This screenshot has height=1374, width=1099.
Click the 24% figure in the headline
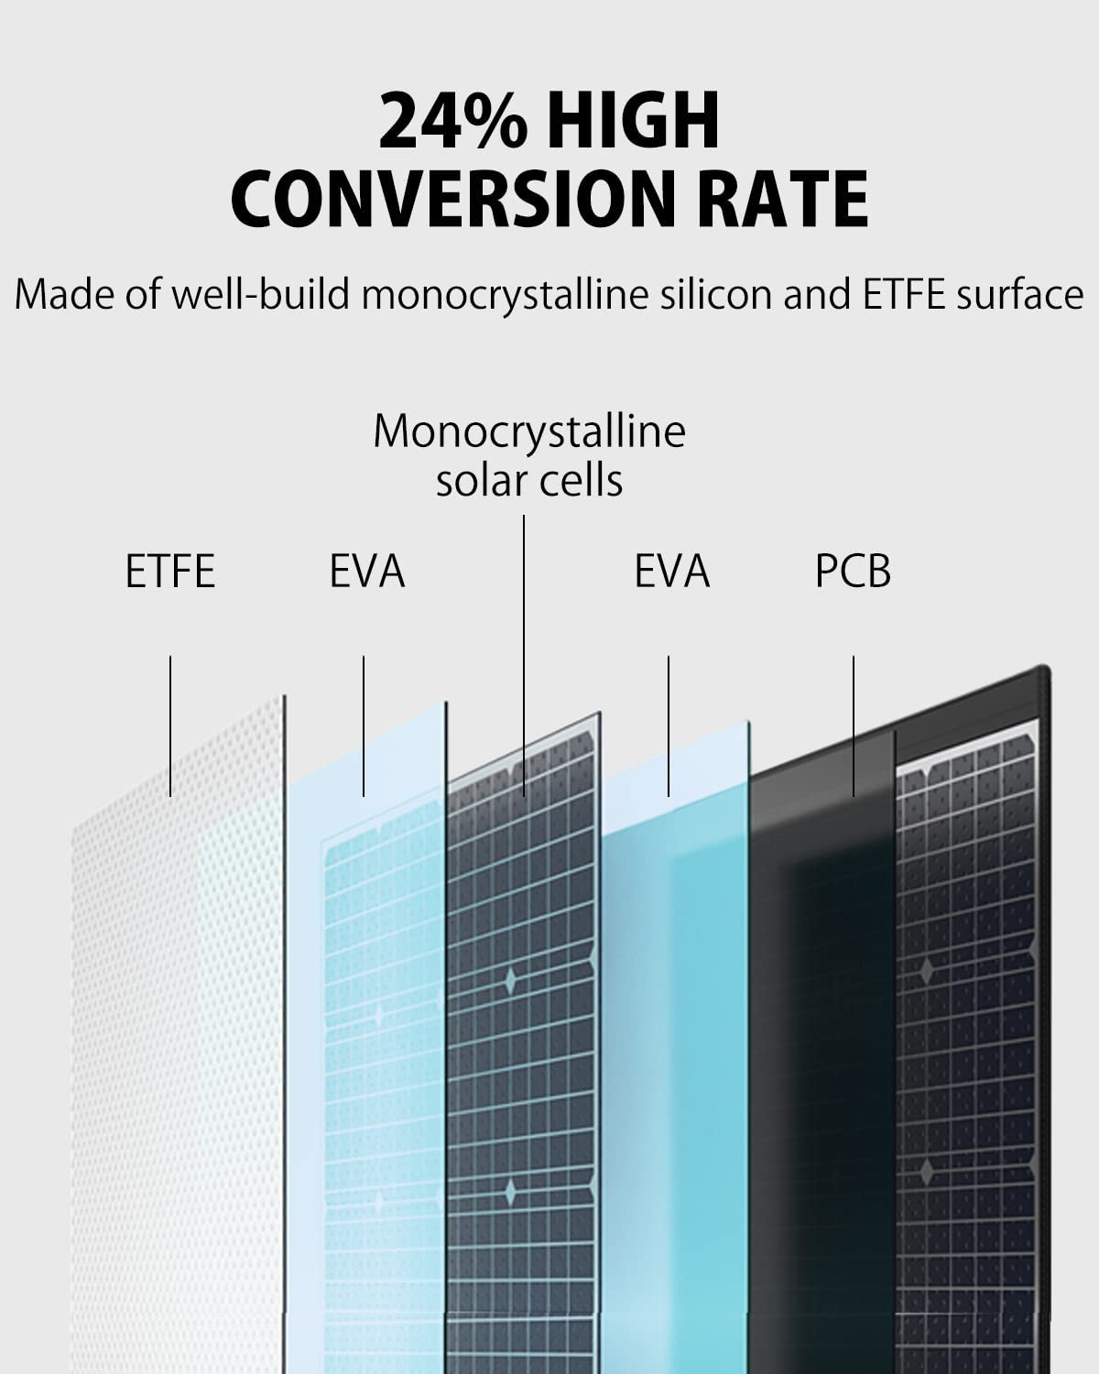(x=453, y=121)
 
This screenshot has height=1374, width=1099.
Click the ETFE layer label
(x=170, y=572)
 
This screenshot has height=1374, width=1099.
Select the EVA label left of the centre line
(x=366, y=572)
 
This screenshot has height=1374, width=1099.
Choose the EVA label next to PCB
(x=671, y=572)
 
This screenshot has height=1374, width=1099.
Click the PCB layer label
(x=853, y=572)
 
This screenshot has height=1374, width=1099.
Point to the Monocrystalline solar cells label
(x=529, y=455)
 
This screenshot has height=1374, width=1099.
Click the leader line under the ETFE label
(x=170, y=724)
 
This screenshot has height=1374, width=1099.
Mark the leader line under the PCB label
(x=854, y=724)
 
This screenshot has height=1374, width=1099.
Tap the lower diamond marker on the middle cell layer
(x=510, y=1192)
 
